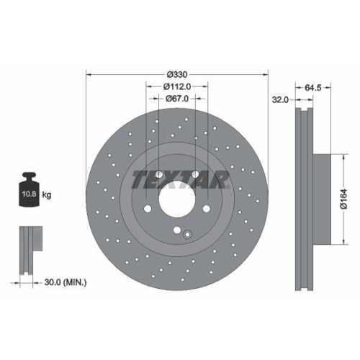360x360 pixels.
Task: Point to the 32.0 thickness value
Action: tap(281, 100)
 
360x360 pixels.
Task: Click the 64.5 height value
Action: tap(312, 87)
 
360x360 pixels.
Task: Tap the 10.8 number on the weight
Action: tap(30, 194)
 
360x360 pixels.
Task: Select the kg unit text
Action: tap(47, 194)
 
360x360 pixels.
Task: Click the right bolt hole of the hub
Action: tap(207, 209)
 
